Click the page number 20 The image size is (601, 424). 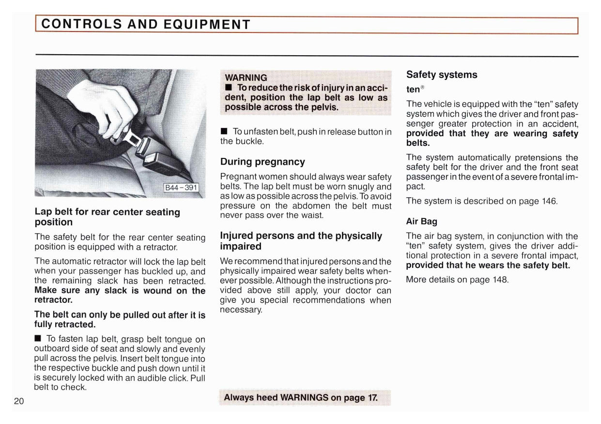tap(19, 401)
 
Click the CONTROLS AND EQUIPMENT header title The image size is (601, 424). tap(146, 24)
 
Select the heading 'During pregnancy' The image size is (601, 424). tap(262, 162)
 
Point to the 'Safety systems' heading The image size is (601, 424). tap(442, 75)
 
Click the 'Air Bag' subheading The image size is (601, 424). tap(421, 221)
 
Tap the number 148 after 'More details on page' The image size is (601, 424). tap(499, 280)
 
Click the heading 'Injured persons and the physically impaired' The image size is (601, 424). tap(301, 241)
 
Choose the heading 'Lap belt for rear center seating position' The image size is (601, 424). tap(107, 217)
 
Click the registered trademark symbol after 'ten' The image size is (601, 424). tap(422, 87)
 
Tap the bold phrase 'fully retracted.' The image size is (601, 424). tap(64, 324)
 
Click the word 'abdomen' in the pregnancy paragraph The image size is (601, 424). tap(311, 205)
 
